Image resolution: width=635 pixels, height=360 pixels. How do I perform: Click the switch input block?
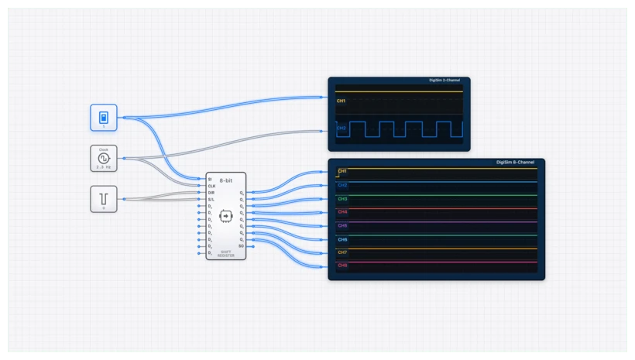coord(103,118)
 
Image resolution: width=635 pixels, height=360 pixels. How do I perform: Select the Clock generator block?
coord(103,158)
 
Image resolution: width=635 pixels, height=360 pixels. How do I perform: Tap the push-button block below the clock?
coord(103,198)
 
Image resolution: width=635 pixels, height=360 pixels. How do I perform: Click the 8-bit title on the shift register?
coord(226,180)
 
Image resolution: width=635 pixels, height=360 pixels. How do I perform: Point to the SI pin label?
coord(210,180)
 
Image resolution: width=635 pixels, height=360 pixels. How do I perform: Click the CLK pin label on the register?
coord(211,186)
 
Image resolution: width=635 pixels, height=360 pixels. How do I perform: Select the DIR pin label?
coord(211,193)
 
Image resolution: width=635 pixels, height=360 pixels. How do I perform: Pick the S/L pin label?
coord(211,199)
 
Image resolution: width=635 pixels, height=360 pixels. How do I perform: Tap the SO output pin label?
coord(241,245)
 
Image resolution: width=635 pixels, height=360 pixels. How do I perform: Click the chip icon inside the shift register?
coord(226,214)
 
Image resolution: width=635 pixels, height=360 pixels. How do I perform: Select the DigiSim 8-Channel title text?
coord(515,163)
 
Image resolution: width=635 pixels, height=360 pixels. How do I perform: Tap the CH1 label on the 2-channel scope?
coord(342,101)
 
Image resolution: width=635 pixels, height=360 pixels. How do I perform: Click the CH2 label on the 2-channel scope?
coord(342,128)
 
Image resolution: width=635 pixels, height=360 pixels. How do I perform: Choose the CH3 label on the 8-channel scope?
coord(342,199)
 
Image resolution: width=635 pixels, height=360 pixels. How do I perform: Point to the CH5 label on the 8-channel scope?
coord(342,225)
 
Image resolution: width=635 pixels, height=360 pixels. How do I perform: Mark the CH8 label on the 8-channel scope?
coord(342,266)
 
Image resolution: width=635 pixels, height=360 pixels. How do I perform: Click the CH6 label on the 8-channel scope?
coord(342,239)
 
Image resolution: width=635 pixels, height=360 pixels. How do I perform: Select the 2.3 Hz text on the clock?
coord(103,166)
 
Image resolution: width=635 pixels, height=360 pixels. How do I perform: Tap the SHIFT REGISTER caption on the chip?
coord(226,253)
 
